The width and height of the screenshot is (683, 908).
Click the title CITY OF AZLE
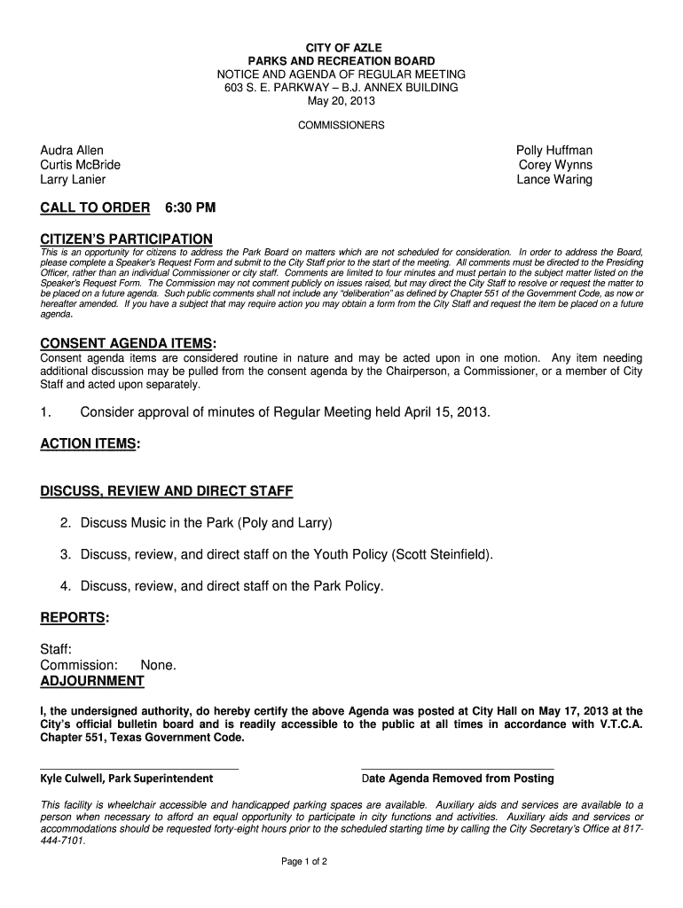(341, 46)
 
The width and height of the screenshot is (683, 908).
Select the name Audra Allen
(72, 151)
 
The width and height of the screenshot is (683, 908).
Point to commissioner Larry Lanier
(73, 179)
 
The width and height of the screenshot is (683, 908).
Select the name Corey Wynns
(555, 165)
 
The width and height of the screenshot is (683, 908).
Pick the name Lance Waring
(554, 179)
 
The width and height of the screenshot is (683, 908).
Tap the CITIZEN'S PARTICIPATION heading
(127, 239)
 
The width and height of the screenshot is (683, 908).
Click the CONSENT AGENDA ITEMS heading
(127, 343)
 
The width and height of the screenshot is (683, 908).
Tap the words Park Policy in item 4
(347, 585)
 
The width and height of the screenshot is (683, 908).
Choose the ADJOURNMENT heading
(92, 681)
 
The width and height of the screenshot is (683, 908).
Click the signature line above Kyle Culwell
(139, 768)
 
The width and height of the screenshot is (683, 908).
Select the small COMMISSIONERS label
(341, 126)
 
